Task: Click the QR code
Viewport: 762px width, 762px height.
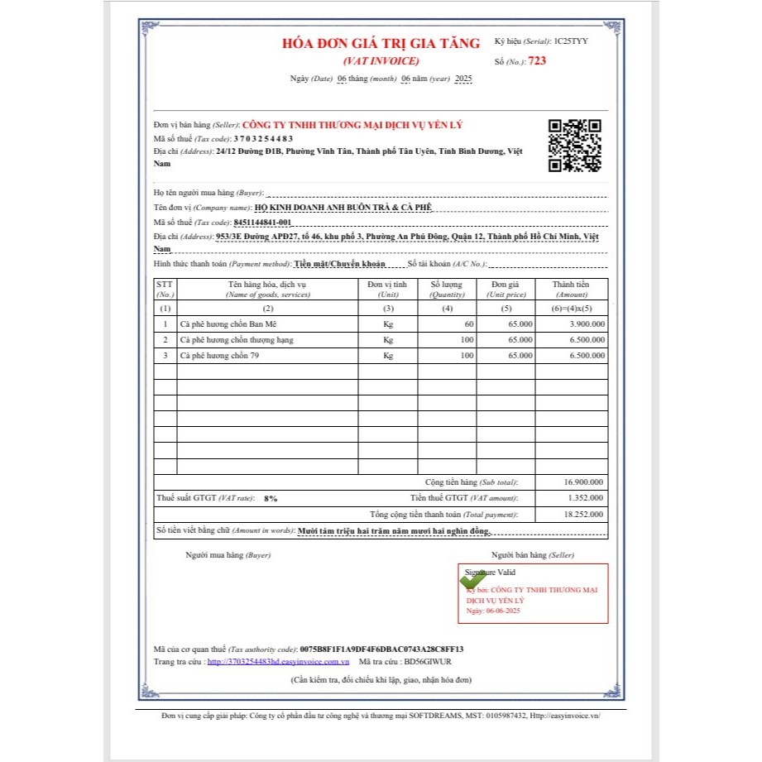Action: [575, 145]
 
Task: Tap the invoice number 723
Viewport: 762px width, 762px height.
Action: [537, 60]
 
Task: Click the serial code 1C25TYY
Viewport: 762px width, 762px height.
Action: [571, 41]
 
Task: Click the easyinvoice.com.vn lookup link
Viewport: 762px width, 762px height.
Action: [278, 662]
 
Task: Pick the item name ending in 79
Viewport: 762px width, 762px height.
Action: [214, 355]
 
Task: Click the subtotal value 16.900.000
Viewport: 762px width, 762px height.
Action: [583, 482]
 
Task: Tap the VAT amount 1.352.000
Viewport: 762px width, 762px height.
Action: [585, 498]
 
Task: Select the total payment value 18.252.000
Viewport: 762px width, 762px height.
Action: [583, 514]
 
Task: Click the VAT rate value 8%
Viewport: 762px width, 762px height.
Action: [271, 499]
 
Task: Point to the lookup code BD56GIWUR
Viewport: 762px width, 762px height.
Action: [427, 662]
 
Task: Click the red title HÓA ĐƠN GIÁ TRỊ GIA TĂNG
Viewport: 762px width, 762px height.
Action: [381, 44]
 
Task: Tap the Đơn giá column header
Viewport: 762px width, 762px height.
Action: [506, 285]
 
